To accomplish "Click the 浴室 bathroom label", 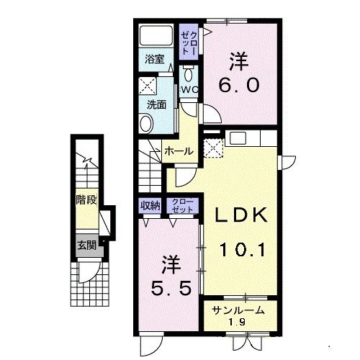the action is point(155,59).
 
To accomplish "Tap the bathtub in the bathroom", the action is point(156,35).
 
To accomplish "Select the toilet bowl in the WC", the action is point(189,73).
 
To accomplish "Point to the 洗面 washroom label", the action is point(156,104).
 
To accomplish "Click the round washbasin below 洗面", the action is point(146,124).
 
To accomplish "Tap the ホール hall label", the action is point(179,151).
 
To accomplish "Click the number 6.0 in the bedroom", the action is point(239,85).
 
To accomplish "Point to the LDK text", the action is point(240,215).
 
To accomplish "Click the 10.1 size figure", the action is point(243,250).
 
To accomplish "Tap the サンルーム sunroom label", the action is point(238,310).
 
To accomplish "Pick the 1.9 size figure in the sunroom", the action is point(238,322).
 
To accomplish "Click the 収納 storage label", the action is point(150,205).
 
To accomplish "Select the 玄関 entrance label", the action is point(87,246).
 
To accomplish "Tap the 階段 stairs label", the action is point(86,199).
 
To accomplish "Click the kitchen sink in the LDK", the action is point(238,138).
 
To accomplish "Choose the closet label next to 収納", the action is point(183,206).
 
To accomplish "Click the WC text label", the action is point(189,90).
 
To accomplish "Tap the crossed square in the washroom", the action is point(148,86).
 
